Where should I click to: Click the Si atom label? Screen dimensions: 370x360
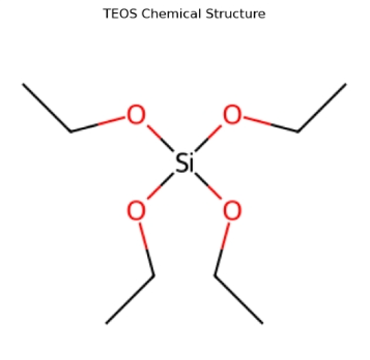click(184, 163)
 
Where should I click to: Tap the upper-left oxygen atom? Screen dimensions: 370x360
click(136, 114)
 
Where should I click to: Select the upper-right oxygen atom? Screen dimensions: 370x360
click(233, 114)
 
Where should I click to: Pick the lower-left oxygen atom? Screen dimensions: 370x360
click(136, 210)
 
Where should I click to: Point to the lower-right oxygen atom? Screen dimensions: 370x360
click(233, 210)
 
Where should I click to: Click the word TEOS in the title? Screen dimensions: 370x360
click(120, 14)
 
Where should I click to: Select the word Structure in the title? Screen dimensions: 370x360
click(235, 14)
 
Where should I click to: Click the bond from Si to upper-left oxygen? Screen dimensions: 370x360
click(160, 138)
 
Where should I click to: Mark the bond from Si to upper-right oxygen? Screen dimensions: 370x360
click(208, 138)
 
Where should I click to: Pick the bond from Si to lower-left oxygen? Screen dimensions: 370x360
click(160, 186)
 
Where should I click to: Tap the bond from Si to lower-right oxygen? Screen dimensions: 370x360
click(208, 186)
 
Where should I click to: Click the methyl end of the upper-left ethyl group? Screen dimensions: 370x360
click(23, 83)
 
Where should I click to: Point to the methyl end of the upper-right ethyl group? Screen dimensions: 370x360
click(346, 83)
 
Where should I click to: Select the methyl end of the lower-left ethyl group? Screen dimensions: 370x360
click(106, 323)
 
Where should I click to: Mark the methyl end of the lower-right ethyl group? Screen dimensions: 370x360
click(262, 323)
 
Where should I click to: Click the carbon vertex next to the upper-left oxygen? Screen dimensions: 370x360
click(71, 131)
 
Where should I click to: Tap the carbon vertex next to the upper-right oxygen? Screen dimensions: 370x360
click(298, 131)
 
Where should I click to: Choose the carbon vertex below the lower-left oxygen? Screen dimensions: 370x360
click(154, 275)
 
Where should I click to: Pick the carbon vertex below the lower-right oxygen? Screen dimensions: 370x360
click(215, 275)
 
